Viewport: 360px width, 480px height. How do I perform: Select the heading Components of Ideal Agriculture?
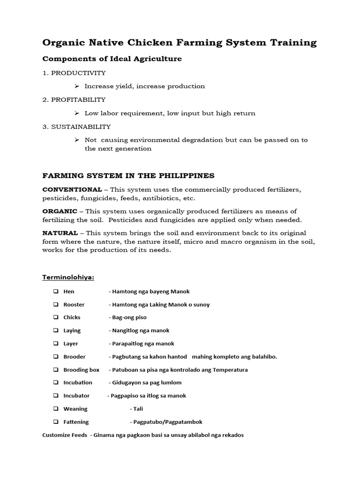[112, 59]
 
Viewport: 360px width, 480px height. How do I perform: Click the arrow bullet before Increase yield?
[77, 86]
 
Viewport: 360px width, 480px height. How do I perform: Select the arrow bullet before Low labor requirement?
[77, 113]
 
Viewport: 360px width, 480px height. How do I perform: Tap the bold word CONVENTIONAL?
[72, 189]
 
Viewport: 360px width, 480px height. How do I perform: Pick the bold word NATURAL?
[60, 233]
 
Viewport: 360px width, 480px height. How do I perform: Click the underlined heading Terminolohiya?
[68, 277]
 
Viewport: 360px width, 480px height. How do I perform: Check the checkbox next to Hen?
[55, 292]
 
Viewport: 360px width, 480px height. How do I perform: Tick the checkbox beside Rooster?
[55, 305]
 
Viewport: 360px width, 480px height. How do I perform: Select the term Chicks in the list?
[72, 317]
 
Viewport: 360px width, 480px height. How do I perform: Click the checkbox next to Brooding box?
[55, 370]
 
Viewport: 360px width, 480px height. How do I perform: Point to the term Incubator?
[76, 396]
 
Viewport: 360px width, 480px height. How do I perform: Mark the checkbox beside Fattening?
[55, 422]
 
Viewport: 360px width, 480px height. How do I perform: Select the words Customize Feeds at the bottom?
[64, 435]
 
